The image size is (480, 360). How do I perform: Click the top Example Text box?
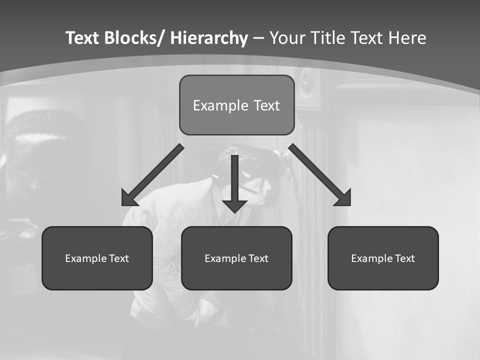[x=236, y=105]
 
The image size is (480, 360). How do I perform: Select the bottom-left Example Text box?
[x=97, y=258]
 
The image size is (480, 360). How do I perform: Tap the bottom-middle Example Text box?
[x=236, y=258]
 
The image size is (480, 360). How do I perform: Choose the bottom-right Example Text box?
[x=383, y=258]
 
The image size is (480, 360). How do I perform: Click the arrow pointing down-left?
[x=152, y=175]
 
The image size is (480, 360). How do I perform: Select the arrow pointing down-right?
[x=320, y=175]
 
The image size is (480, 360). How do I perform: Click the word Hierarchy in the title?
[x=209, y=38]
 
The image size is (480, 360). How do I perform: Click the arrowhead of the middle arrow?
[x=234, y=205]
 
